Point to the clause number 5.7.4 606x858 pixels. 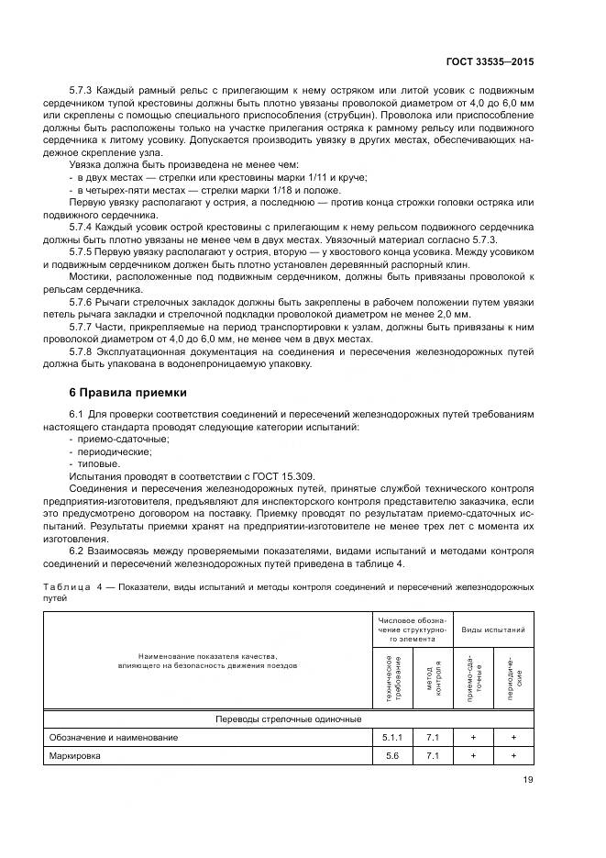coord(84,224)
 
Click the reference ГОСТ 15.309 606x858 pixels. coord(236,478)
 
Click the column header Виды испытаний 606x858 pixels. coord(493,630)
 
